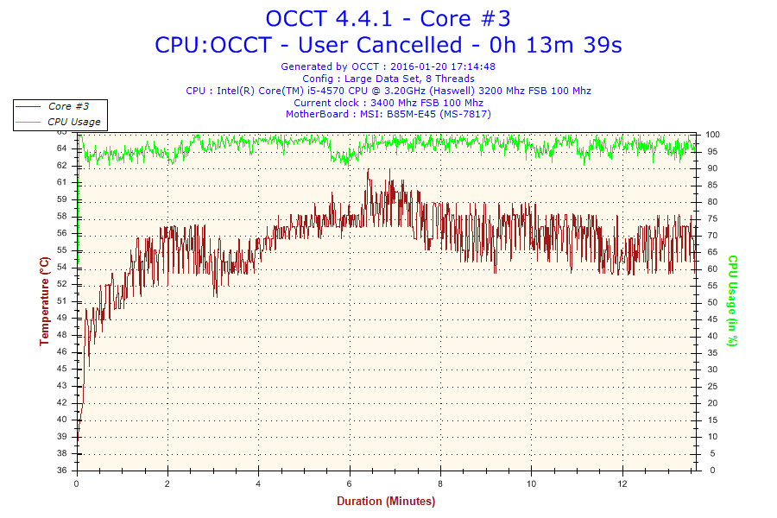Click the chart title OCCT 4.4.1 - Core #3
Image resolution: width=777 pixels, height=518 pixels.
click(x=388, y=18)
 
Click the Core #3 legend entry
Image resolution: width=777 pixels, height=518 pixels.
click(x=67, y=106)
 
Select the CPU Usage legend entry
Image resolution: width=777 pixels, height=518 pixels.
click(x=73, y=122)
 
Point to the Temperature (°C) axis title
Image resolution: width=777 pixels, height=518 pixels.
click(x=44, y=301)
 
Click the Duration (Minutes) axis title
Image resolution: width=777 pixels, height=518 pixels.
click(x=386, y=501)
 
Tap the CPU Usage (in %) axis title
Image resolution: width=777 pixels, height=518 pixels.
click(x=732, y=301)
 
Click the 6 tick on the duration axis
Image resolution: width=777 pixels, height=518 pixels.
click(x=350, y=483)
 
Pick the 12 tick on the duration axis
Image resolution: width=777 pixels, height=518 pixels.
click(x=622, y=483)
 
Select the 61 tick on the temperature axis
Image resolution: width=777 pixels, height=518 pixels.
click(x=61, y=182)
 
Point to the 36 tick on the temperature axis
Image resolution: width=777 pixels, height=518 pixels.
click(x=61, y=471)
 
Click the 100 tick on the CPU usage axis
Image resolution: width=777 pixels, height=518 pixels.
click(x=713, y=135)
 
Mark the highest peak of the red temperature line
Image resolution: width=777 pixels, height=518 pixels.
click(x=368, y=170)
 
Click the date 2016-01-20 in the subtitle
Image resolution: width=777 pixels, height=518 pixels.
click(x=419, y=66)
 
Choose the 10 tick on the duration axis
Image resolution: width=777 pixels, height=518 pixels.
click(x=532, y=483)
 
